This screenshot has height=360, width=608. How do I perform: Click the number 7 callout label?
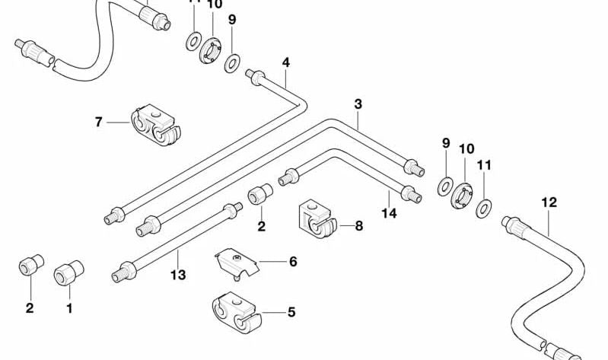tap(99, 121)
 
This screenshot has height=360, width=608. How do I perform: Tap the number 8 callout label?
tap(359, 225)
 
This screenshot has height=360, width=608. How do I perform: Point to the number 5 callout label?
tap(291, 311)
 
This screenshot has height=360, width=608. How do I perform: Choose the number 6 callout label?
tap(292, 262)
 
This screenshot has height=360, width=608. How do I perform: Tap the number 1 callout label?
tap(69, 308)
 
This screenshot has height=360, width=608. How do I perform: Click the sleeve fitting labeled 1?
tap(68, 272)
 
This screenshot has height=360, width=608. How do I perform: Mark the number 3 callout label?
tap(358, 104)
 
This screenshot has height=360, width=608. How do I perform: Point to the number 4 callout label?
tap(286, 62)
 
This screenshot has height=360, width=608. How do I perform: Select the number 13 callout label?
tap(178, 275)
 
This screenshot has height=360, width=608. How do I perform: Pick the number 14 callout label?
tap(389, 214)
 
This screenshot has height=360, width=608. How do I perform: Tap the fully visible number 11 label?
tap(485, 164)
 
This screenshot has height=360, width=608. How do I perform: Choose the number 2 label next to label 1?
tap(30, 308)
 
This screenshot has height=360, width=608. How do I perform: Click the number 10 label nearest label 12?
tap(466, 148)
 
